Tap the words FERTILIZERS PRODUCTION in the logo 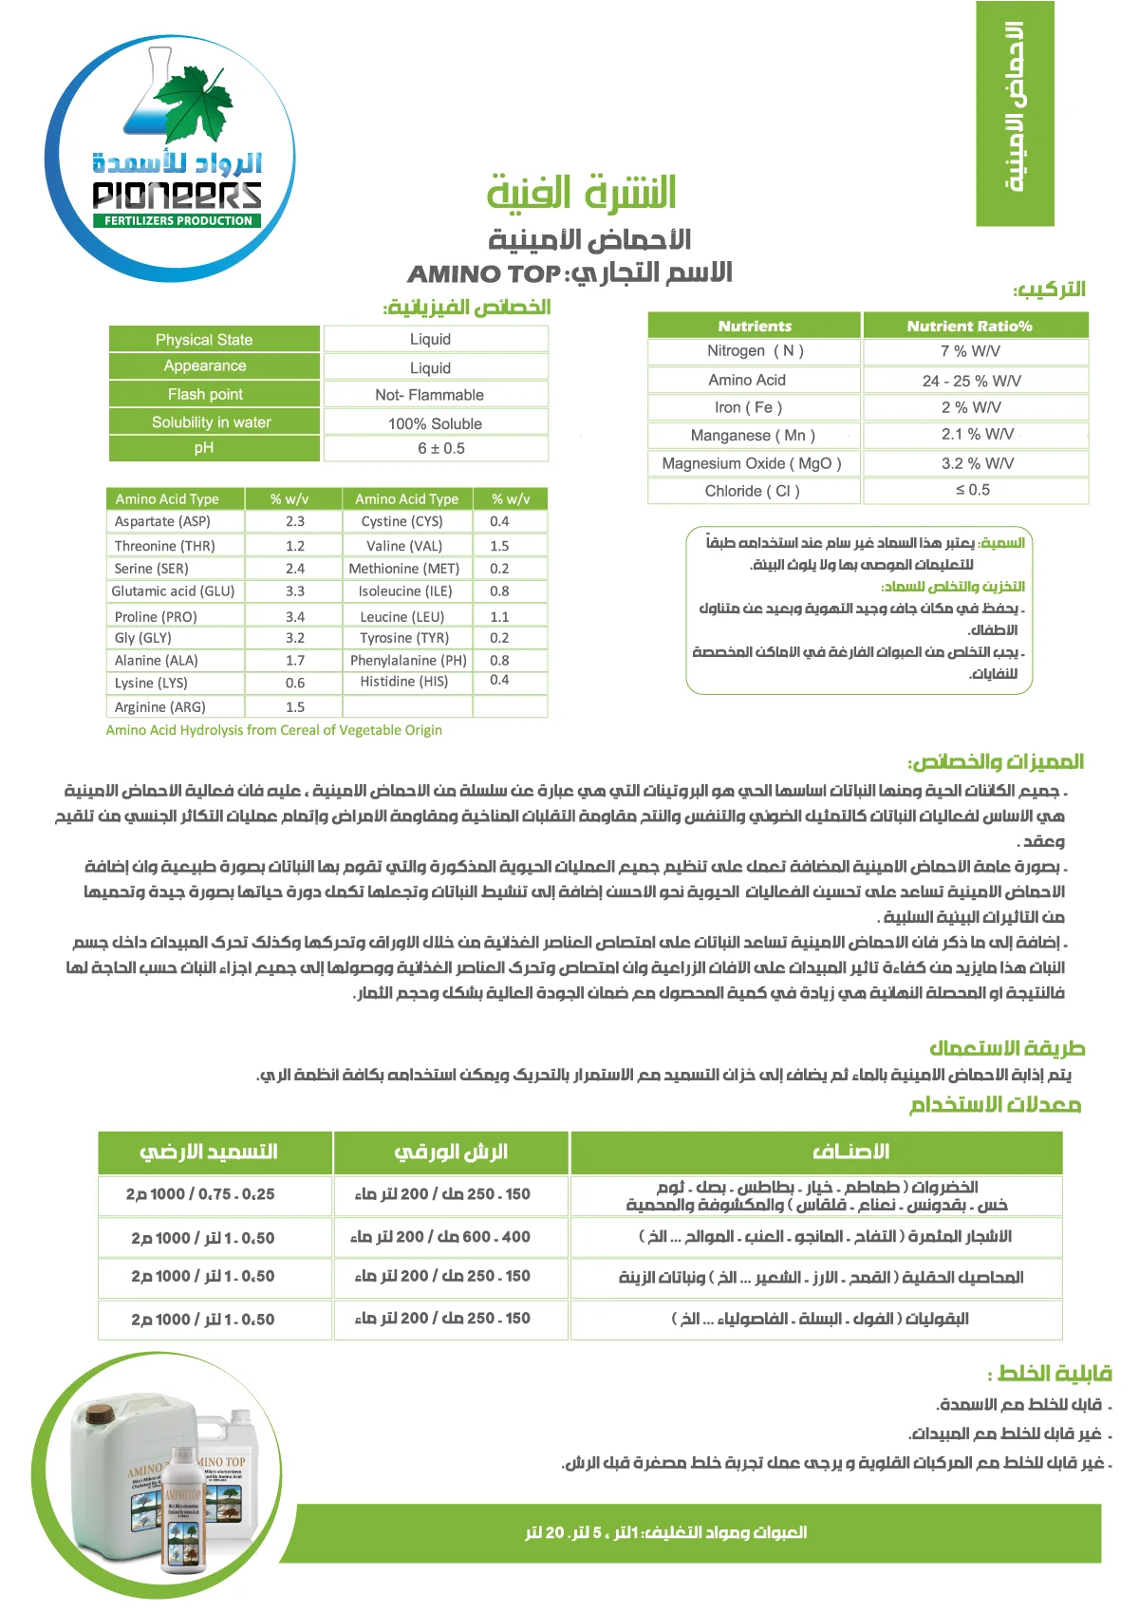tap(178, 220)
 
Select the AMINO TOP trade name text tap(484, 274)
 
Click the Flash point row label tap(205, 394)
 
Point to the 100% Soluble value tap(435, 423)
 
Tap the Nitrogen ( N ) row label tap(755, 350)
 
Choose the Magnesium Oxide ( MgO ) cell tap(752, 463)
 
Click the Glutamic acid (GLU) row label tap(173, 590)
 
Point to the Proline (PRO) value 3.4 tap(295, 616)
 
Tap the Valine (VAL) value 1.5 tap(499, 546)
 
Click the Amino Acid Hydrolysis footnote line tap(273, 730)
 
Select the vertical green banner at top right tap(1015, 113)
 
